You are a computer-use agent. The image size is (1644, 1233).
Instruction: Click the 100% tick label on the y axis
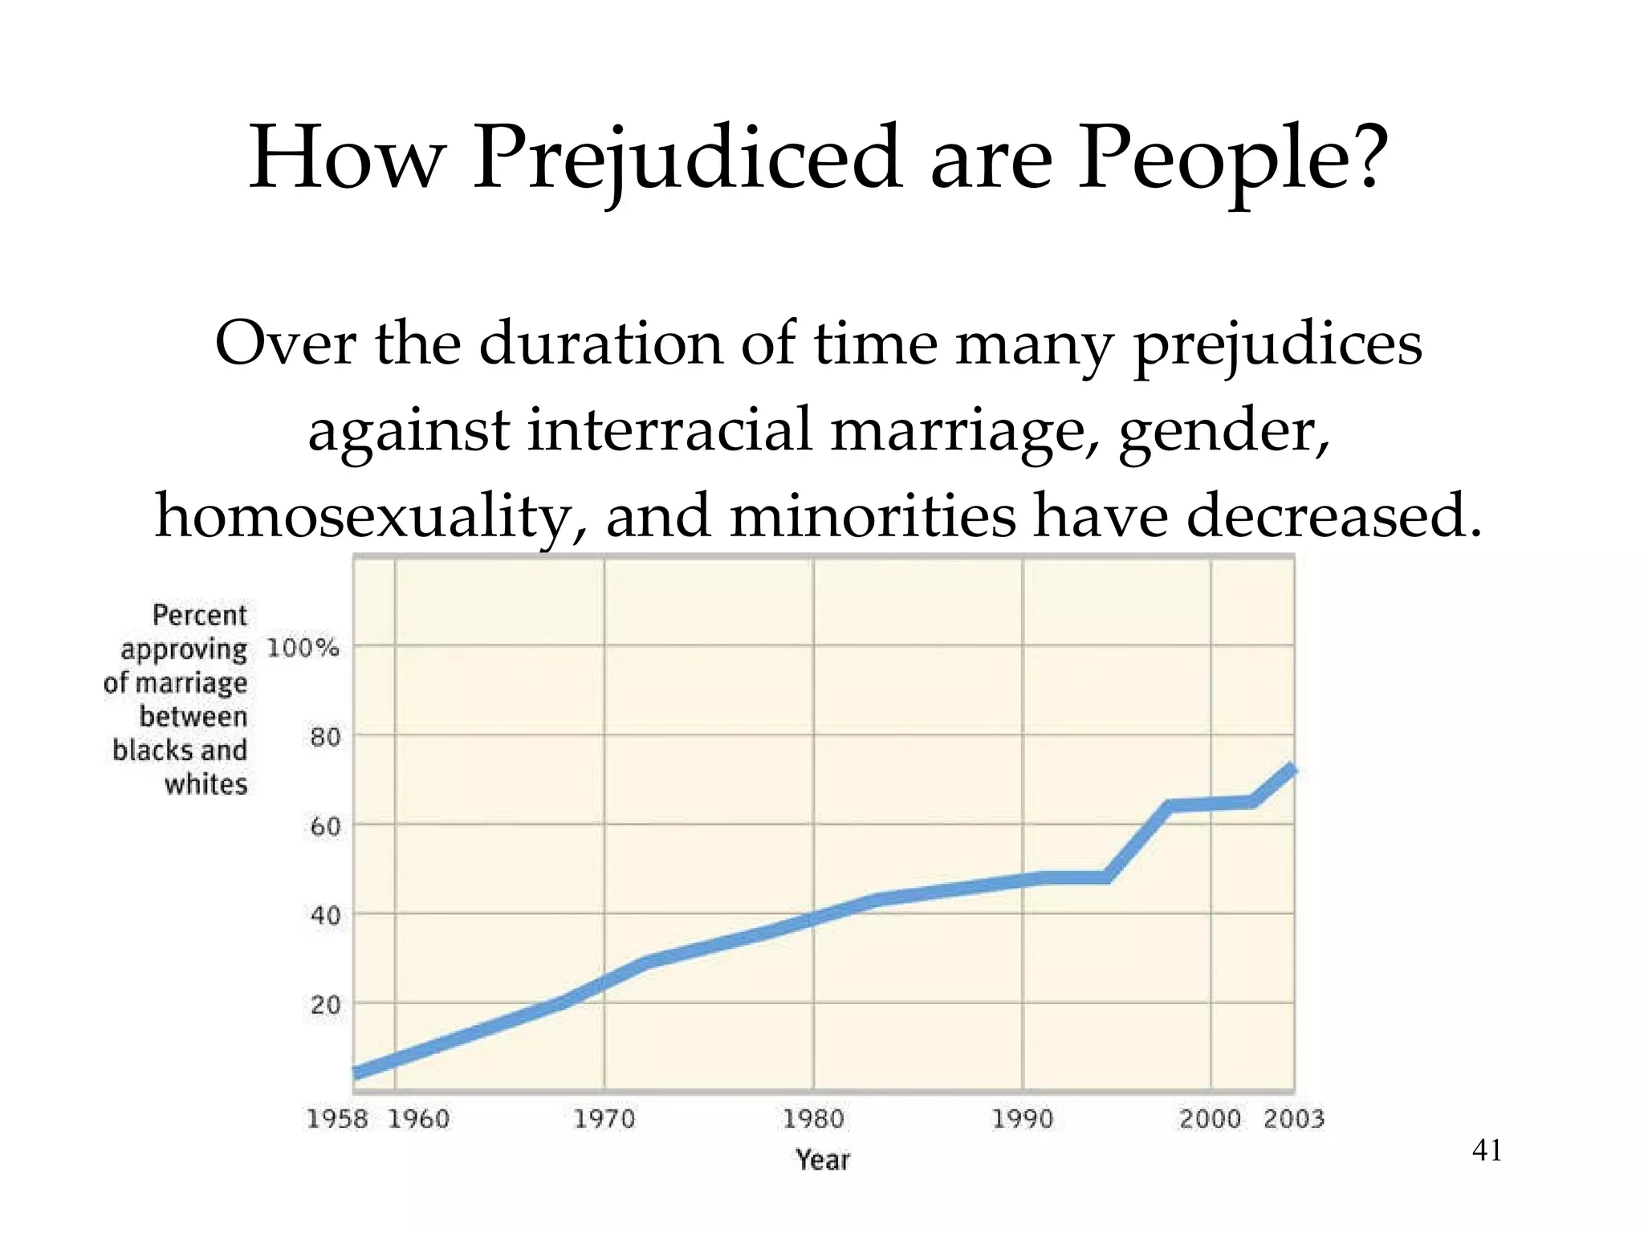(x=303, y=647)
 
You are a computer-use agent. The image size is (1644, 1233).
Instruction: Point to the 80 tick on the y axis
(x=325, y=737)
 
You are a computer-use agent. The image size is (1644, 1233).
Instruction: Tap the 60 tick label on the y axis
(x=325, y=826)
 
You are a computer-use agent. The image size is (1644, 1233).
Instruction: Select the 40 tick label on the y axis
(x=325, y=915)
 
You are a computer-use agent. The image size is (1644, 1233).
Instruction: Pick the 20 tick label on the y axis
(x=325, y=1004)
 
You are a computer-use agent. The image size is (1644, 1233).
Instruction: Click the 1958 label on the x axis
(x=337, y=1118)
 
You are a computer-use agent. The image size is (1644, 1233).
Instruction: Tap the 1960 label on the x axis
(x=418, y=1118)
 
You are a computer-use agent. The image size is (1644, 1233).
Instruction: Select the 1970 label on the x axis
(x=604, y=1118)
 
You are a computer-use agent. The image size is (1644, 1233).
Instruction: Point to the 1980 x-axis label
(x=813, y=1118)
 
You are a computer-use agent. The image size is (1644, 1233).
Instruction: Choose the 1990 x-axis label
(x=1023, y=1118)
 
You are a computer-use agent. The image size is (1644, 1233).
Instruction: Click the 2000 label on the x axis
(x=1210, y=1118)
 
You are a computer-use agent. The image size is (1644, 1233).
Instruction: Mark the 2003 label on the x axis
(x=1293, y=1118)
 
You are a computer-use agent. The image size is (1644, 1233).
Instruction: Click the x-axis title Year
(x=823, y=1159)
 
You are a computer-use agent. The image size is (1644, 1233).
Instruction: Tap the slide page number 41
(x=1487, y=1151)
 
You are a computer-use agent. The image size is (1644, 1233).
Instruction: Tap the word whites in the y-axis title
(x=206, y=783)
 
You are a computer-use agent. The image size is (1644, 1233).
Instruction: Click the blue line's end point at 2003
(x=1291, y=770)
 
